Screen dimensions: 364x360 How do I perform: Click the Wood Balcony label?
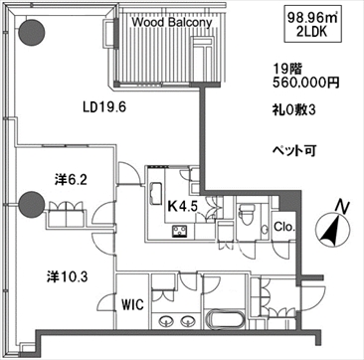click(x=172, y=23)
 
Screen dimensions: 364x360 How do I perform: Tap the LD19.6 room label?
click(x=104, y=107)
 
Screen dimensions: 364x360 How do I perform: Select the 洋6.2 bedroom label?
click(x=71, y=180)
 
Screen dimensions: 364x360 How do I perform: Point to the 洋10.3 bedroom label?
click(x=67, y=275)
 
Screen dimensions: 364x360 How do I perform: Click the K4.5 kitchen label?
click(x=183, y=206)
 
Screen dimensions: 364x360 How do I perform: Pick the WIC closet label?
click(x=132, y=304)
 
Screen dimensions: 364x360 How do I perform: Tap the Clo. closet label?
click(x=284, y=228)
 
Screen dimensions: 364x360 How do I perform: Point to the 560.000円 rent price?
click(x=306, y=83)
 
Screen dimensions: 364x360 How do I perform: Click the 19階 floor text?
click(x=287, y=69)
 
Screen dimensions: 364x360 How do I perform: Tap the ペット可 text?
click(x=293, y=151)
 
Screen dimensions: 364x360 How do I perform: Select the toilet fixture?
click(x=247, y=214)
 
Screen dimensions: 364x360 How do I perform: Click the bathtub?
click(x=226, y=320)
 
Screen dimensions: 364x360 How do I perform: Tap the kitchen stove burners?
click(x=180, y=231)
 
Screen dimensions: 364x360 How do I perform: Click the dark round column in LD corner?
click(x=31, y=32)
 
